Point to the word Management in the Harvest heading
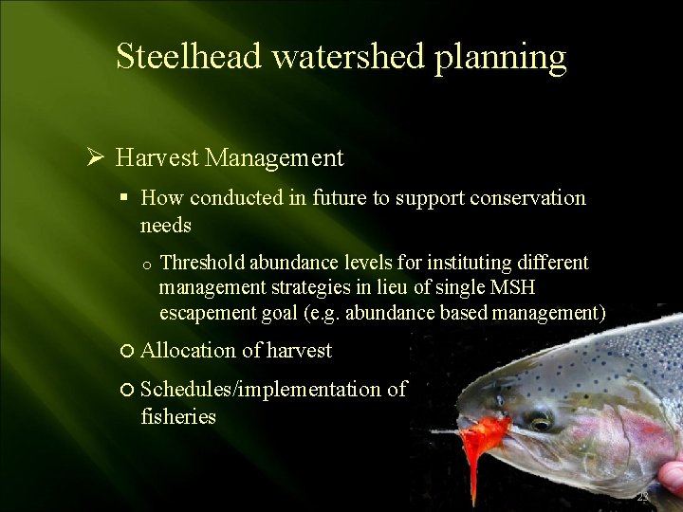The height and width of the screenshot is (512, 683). (x=274, y=157)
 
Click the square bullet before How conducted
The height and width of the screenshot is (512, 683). (x=123, y=198)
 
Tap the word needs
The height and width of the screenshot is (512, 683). (x=165, y=226)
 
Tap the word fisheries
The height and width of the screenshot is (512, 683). (x=178, y=416)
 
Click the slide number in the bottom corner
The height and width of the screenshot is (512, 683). (x=642, y=497)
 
